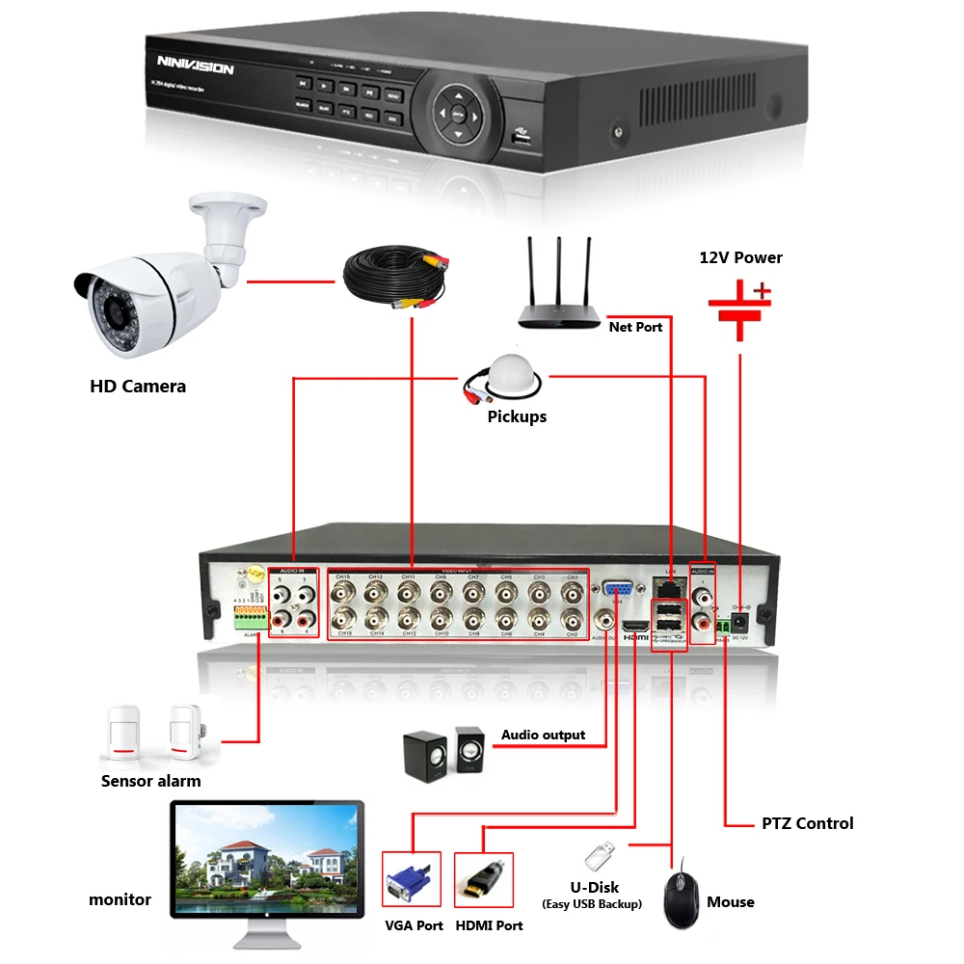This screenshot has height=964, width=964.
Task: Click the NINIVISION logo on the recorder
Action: pos(195,67)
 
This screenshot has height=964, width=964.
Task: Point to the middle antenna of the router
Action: pos(560,272)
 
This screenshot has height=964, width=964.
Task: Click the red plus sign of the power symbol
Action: pos(763,289)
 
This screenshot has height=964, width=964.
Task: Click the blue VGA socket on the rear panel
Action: pos(618,590)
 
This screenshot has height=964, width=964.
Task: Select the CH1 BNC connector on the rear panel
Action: pos(571,591)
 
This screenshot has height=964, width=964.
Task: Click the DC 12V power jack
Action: pos(741,623)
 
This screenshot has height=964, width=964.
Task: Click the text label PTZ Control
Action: pos(807,823)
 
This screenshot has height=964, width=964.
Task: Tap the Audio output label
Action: pos(543,735)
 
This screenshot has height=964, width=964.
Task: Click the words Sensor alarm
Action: pos(151,781)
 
